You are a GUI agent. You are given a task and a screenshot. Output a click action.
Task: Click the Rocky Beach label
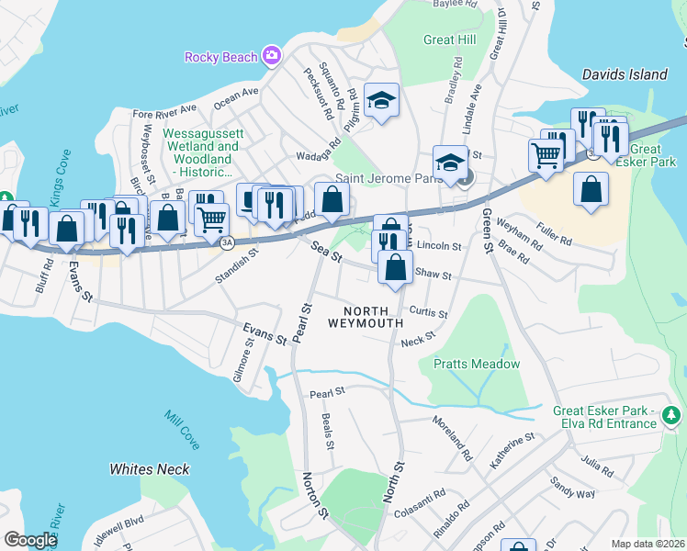[220, 57]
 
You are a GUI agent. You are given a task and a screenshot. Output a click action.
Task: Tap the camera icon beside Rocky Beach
[272, 57]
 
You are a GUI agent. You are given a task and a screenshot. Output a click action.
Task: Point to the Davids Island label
[625, 74]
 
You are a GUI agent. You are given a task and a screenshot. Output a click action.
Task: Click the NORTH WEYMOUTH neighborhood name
[366, 316]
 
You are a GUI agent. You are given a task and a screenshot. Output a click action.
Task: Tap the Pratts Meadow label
[477, 365]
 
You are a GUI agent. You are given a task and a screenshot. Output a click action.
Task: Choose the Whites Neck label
[150, 469]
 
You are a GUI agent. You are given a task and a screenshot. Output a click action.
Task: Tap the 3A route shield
[226, 242]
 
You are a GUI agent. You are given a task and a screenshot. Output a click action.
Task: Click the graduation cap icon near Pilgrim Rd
[380, 100]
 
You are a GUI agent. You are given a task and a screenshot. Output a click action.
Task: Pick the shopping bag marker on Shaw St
[396, 268]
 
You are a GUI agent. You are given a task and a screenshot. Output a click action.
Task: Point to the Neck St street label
[418, 341]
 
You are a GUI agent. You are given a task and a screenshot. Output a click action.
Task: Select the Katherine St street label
[512, 452]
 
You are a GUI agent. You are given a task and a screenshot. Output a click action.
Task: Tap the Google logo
[30, 539]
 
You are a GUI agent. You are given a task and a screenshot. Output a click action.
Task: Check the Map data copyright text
[648, 544]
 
